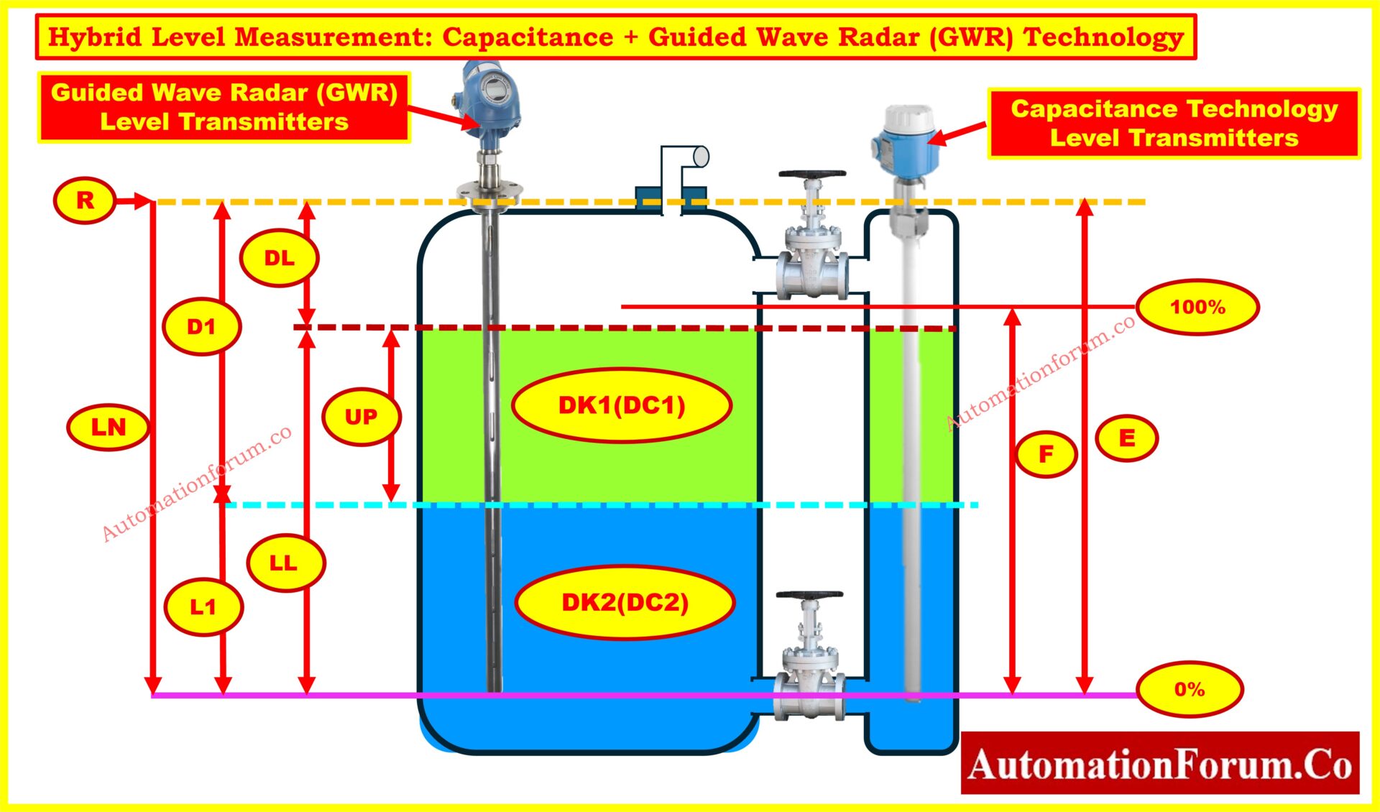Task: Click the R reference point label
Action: (x=85, y=200)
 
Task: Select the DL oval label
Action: (x=279, y=258)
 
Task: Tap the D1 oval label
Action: (x=201, y=327)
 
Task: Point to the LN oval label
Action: (x=109, y=428)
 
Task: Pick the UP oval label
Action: (x=361, y=417)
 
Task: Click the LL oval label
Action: (x=285, y=563)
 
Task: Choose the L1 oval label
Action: (x=203, y=607)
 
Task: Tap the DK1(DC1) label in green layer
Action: (x=622, y=405)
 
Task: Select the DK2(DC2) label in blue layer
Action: (x=625, y=602)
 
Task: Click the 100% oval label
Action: (x=1197, y=307)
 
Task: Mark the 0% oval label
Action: (x=1190, y=689)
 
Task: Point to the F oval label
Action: (x=1046, y=453)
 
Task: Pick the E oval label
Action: (x=1126, y=438)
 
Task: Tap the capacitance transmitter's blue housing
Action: (x=906, y=147)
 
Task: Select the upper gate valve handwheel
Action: (x=812, y=175)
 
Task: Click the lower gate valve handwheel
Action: (x=809, y=596)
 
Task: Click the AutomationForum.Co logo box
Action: (x=1159, y=763)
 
